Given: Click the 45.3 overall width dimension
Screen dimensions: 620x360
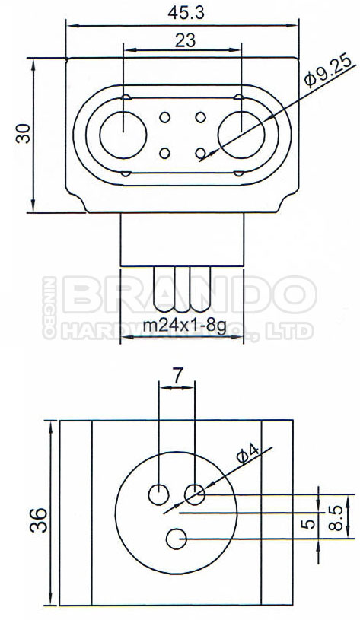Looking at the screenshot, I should point(181,12).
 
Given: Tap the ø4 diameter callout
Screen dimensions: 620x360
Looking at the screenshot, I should point(248,456).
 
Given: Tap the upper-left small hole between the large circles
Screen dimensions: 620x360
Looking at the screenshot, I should point(164,118).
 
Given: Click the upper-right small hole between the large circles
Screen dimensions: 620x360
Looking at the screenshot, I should point(200,118).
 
